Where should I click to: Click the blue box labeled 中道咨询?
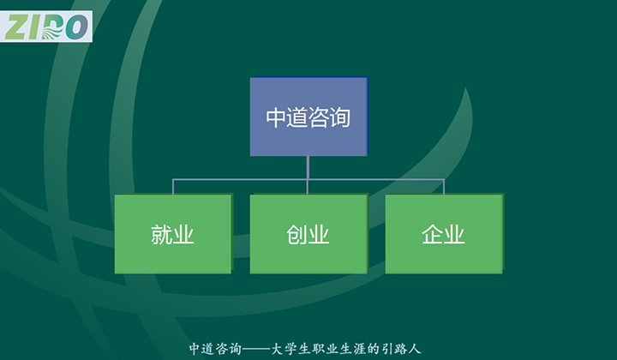308,117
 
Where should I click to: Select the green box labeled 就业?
173,234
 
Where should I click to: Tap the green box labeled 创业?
308,234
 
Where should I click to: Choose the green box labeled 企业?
443,234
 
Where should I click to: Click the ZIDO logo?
46,27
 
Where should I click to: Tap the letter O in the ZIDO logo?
76,27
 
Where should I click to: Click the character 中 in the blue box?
276,117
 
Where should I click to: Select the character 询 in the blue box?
340,117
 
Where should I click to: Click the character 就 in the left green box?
162,235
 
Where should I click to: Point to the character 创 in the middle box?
297,235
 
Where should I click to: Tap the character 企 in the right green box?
432,235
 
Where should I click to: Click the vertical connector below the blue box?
308,167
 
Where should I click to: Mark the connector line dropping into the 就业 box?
173,187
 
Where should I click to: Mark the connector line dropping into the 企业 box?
444,187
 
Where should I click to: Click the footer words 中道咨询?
213,349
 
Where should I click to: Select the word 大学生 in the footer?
291,349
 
